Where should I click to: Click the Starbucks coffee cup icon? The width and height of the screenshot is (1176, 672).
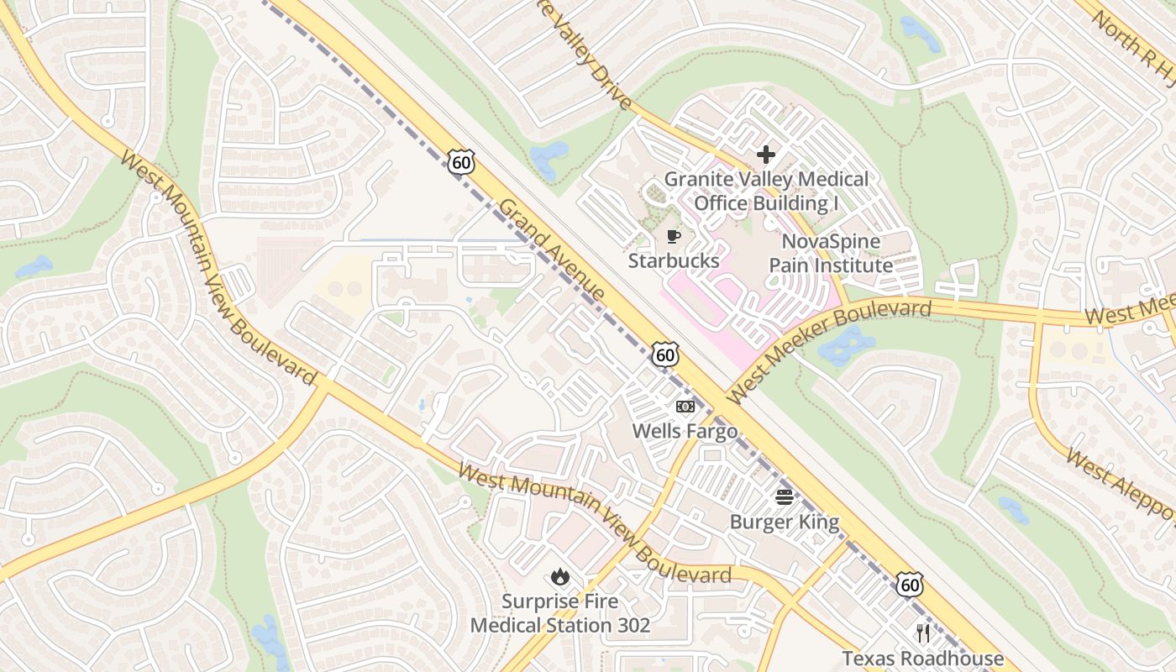pos(673,236)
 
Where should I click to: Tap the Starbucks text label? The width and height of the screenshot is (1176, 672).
pos(674,260)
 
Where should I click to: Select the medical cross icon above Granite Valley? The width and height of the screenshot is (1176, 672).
pos(765,155)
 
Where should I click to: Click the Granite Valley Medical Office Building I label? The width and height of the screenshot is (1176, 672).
pos(766,192)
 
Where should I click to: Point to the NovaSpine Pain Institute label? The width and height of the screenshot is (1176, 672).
pos(831,254)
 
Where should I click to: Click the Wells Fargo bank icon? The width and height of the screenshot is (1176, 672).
pos(685,407)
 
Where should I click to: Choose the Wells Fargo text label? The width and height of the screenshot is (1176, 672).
pos(685,431)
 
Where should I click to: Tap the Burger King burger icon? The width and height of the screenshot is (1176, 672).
pos(784,497)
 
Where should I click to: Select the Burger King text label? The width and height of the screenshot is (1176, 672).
pos(784,522)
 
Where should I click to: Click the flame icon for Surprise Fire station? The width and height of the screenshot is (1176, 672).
pos(559,577)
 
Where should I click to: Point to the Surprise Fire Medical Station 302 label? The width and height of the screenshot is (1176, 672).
pos(559,613)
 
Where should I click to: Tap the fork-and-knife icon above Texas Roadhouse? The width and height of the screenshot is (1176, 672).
pos(923,633)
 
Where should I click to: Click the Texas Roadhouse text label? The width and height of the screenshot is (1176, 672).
pos(922,658)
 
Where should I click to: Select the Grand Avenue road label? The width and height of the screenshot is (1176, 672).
pos(552,250)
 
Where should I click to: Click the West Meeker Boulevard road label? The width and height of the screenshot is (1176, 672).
pos(829,350)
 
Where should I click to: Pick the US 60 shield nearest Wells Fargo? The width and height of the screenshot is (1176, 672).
pos(665,354)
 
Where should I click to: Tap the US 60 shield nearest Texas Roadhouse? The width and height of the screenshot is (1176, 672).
pos(909,584)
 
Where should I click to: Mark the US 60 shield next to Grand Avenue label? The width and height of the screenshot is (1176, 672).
pos(460,162)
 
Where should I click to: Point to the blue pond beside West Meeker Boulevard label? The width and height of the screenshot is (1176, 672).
pos(846,346)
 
